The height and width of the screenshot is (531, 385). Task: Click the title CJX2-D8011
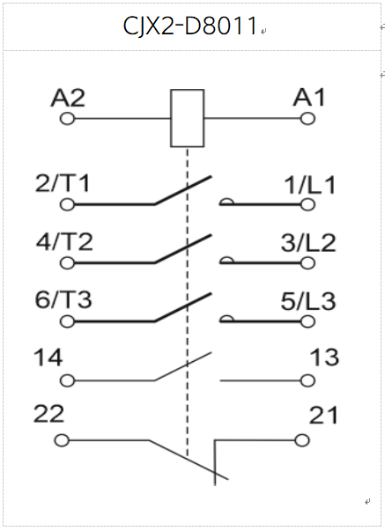tap(189, 26)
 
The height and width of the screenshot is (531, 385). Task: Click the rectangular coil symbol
tap(187, 90)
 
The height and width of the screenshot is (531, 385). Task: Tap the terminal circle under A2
tap(67, 119)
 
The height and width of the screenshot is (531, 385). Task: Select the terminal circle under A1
tap(307, 119)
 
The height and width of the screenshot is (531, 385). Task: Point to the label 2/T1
tap(63, 183)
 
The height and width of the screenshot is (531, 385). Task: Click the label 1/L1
tap(310, 185)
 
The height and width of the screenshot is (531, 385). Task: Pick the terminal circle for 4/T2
tap(67, 263)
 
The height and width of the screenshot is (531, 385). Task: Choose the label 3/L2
tap(308, 243)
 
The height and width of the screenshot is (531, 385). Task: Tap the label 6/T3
tap(63, 299)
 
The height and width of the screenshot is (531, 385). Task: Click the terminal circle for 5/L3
tap(307, 321)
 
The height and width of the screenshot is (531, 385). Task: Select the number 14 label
tap(48, 358)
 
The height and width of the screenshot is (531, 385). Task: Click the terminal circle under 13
tap(307, 380)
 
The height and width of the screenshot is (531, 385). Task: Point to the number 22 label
tap(48, 414)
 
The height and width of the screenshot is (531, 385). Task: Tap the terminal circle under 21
tap(302, 440)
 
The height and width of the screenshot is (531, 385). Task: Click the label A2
tap(68, 98)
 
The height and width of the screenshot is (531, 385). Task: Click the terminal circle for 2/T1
tap(67, 204)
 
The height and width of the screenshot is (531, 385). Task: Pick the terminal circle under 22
tap(62, 440)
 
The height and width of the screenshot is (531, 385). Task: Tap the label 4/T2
tap(64, 242)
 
